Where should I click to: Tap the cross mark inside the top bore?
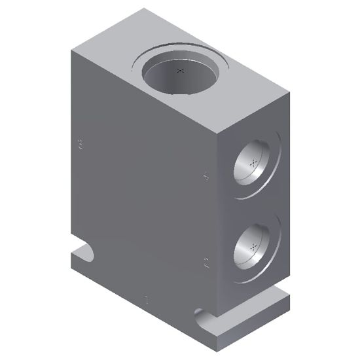(182, 70)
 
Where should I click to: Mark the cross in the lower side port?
(253, 247)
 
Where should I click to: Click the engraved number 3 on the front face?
(80, 145)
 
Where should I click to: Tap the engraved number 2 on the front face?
(206, 264)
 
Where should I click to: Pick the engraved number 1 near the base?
(146, 302)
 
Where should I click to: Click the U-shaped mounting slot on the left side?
(84, 252)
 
